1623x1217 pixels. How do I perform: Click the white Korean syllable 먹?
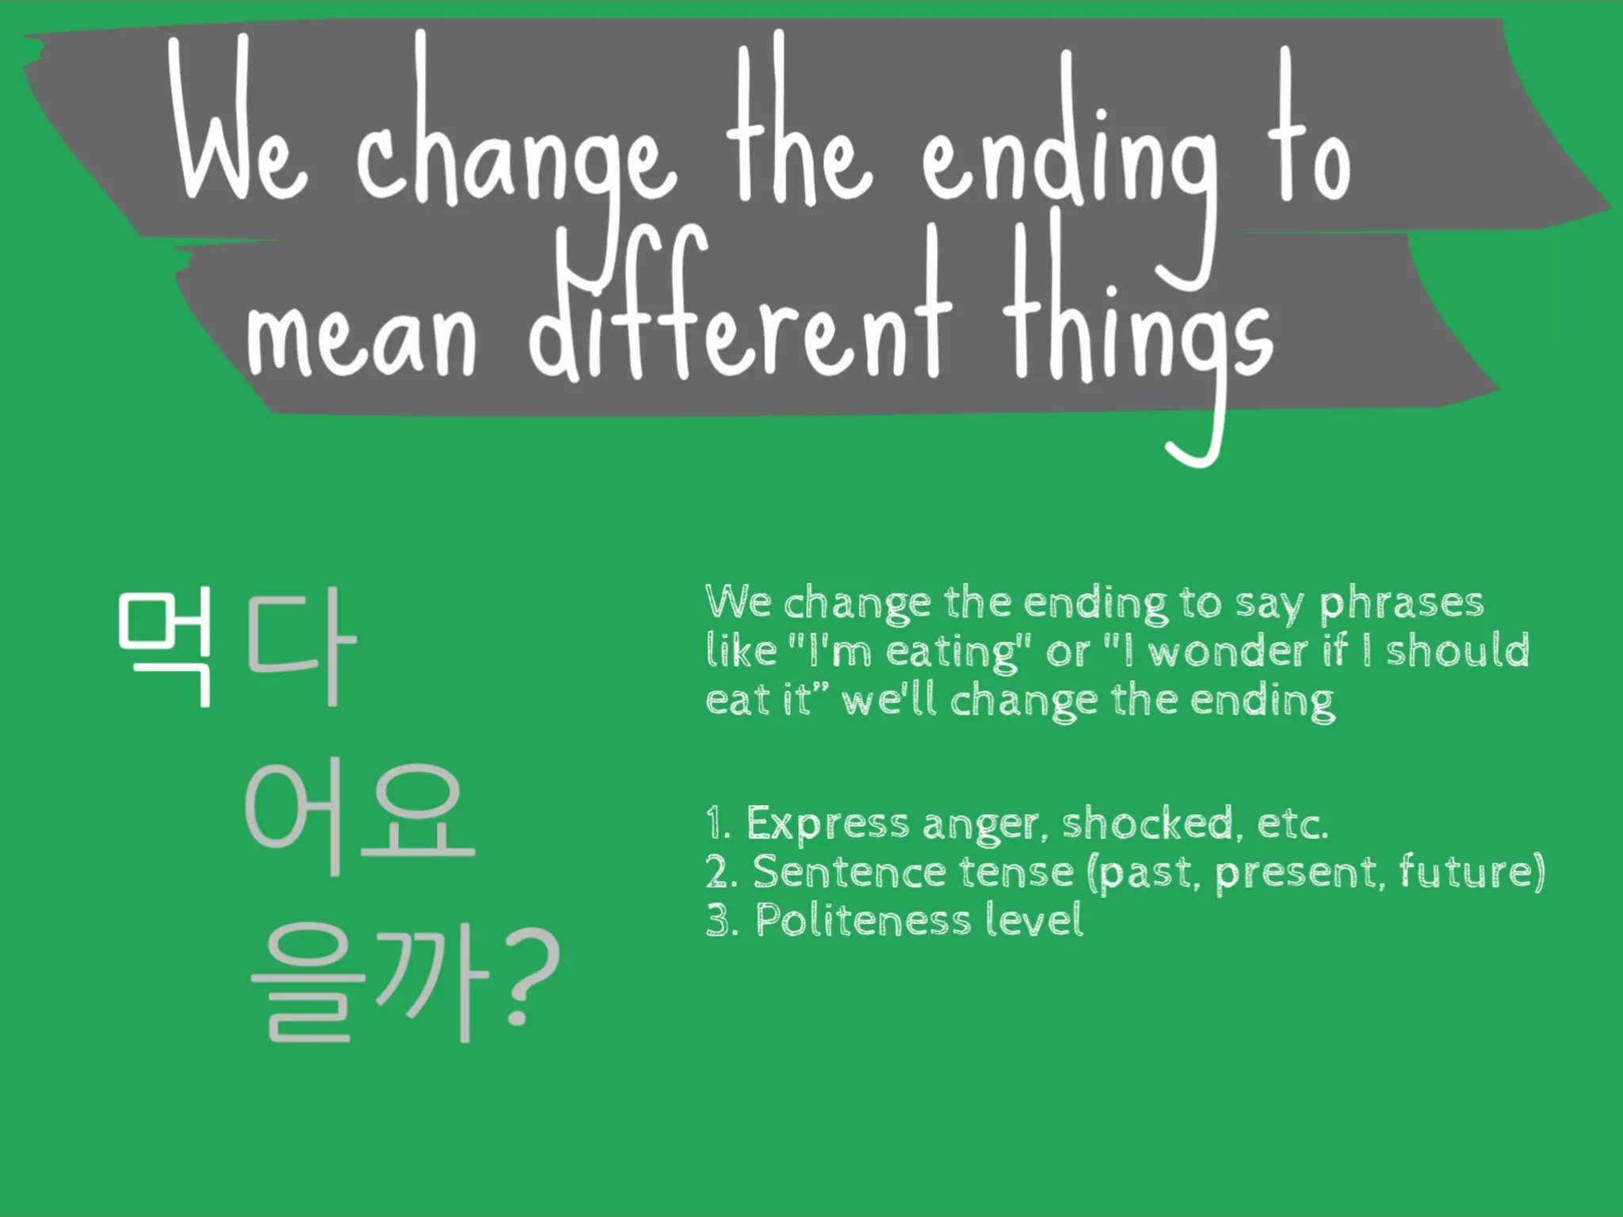[165, 647]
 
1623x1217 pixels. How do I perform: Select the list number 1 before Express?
[717, 824]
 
